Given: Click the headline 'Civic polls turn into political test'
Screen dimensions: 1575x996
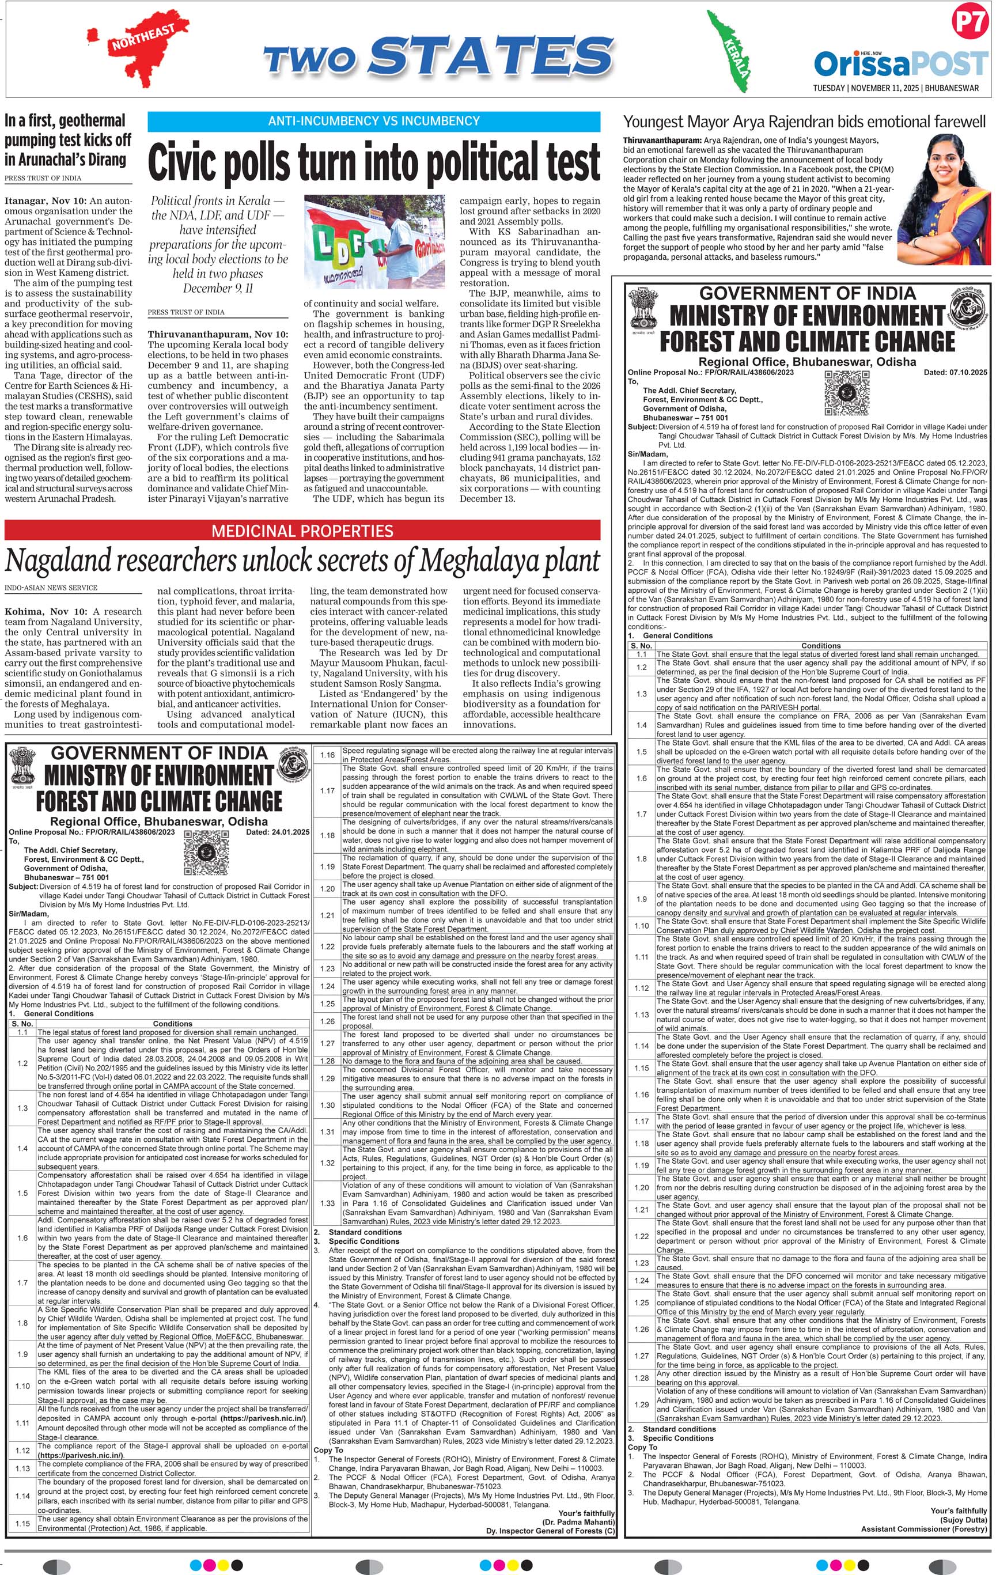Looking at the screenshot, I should tap(373, 161).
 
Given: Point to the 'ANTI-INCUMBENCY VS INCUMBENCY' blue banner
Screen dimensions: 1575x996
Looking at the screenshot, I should tap(373, 121).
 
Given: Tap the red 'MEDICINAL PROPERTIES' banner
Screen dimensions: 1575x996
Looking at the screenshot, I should tap(302, 531).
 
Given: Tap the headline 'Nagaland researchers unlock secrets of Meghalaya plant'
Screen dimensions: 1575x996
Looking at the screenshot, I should tap(302, 561).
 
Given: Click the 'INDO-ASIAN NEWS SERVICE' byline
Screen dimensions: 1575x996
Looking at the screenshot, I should tap(51, 588).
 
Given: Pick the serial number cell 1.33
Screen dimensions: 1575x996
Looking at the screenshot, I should tap(327, 1203).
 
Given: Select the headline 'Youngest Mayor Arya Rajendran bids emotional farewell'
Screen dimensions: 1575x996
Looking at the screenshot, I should tap(804, 122).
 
